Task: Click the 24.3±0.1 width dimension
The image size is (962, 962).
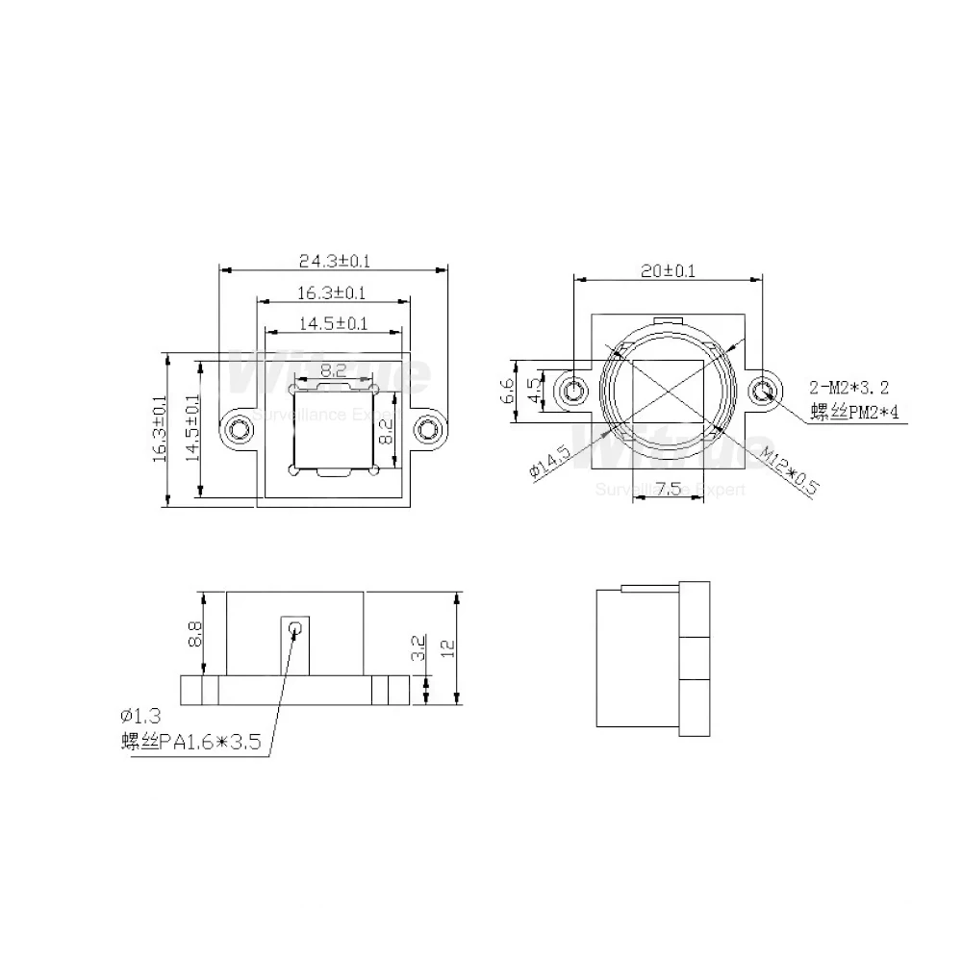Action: pyautogui.click(x=335, y=260)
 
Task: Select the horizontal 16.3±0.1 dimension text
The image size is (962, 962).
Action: pyautogui.click(x=331, y=292)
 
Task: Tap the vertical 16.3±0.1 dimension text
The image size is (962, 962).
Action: pyautogui.click(x=160, y=429)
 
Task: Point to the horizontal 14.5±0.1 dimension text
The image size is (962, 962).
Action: pyautogui.click(x=332, y=324)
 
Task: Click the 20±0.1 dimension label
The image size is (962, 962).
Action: pyautogui.click(x=668, y=271)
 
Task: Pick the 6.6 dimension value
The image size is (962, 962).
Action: pyautogui.click(x=507, y=392)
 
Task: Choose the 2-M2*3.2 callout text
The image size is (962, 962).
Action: pyautogui.click(x=848, y=389)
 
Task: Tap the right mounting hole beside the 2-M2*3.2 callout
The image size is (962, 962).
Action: pyautogui.click(x=766, y=391)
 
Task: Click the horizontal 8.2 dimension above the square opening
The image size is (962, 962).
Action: pyautogui.click(x=334, y=369)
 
